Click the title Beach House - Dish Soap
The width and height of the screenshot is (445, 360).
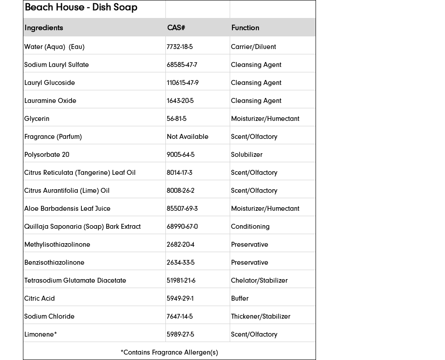pos(81,8)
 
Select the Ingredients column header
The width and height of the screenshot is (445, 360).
pos(44,28)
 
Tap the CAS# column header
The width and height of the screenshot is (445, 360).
pos(176,28)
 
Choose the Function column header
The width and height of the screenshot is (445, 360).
pos(245,28)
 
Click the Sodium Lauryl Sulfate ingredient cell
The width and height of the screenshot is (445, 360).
pos(57,65)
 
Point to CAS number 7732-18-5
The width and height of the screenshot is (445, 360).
pos(180,47)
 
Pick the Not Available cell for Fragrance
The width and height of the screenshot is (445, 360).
pos(187,137)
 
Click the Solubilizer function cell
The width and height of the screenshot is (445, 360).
pos(247,155)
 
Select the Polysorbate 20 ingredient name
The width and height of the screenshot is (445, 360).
pos(47,155)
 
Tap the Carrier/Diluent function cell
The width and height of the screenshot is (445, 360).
pos(254,47)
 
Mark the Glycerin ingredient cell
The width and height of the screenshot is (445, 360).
pos(37,119)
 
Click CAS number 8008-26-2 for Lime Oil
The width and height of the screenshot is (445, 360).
pos(181,191)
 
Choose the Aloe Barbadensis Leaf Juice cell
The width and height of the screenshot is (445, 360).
pos(67,209)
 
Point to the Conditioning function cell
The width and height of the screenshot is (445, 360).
pos(250,227)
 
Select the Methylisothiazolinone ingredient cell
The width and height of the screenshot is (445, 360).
pos(57,244)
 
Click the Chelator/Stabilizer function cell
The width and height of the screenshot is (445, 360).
pos(259,280)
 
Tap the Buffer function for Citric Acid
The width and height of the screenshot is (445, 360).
pos(240,298)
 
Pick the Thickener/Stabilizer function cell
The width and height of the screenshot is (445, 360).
pos(261,316)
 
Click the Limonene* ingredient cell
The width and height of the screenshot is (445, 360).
pos(40,334)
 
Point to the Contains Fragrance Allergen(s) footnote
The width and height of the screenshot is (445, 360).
pos(169,352)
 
